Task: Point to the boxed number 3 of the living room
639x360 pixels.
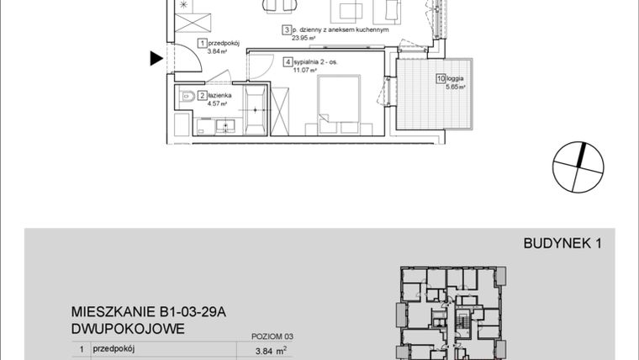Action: [286, 29]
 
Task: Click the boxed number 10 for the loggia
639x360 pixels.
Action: [441, 79]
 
